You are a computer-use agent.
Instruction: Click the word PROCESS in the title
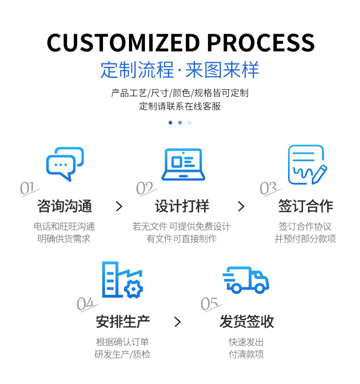261,43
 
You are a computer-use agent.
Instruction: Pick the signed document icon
307,165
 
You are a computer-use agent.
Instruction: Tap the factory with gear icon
122,280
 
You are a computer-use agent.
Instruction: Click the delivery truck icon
246,280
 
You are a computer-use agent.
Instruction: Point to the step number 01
28,188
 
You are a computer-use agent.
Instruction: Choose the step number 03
268,188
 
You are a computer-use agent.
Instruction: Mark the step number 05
210,304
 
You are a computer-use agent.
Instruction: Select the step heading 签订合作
305,206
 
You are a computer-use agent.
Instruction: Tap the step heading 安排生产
123,322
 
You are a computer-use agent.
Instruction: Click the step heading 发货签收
247,322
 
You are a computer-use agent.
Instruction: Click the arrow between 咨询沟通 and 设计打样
119,207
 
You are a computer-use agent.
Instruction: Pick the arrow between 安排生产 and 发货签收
178,322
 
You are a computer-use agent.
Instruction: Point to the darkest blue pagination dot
170,123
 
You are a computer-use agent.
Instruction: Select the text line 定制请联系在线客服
180,107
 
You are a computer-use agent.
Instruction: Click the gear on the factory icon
134,289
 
